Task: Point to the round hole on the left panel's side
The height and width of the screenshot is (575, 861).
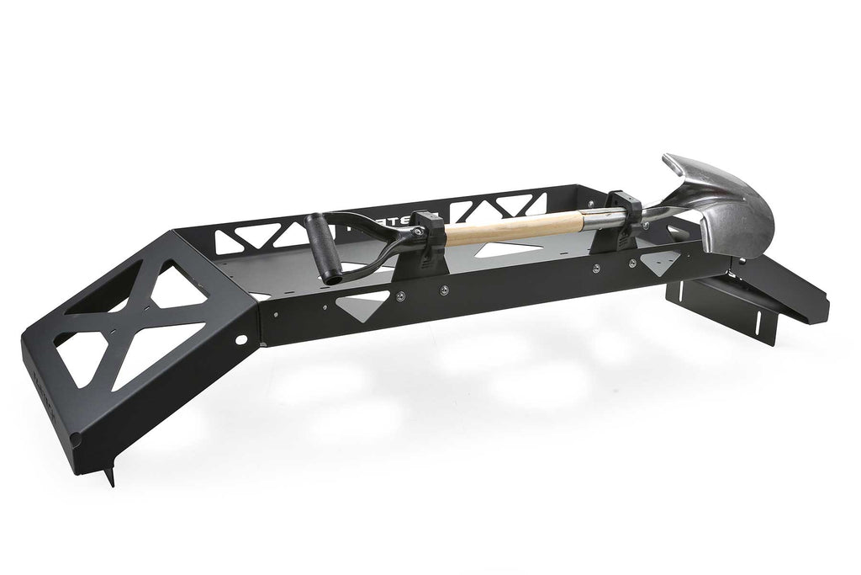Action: pyautogui.click(x=242, y=341)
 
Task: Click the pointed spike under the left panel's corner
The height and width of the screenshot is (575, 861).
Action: pyautogui.click(x=108, y=475)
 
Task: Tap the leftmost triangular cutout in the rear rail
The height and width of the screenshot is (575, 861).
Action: pyautogui.click(x=231, y=242)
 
